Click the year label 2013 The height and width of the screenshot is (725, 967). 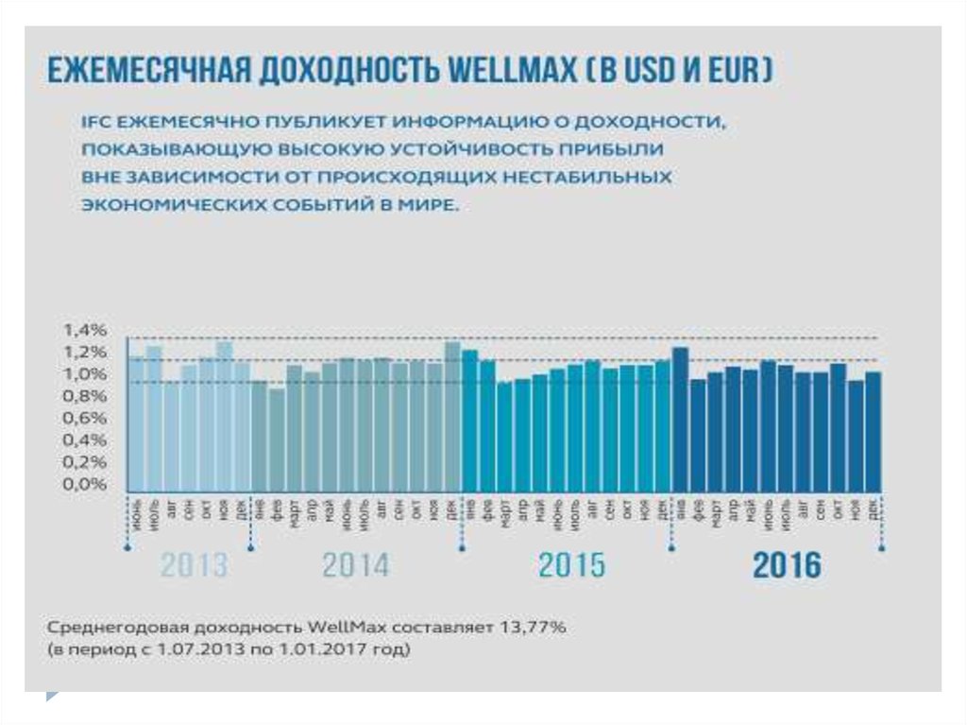[194, 565]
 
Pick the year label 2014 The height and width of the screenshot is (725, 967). [355, 565]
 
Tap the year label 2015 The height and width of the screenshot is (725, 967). [571, 565]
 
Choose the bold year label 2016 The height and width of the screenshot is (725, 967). [787, 565]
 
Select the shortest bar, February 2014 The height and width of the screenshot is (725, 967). [277, 440]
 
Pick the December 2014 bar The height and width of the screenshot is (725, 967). [453, 416]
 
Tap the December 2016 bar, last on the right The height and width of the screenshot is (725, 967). [874, 431]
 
